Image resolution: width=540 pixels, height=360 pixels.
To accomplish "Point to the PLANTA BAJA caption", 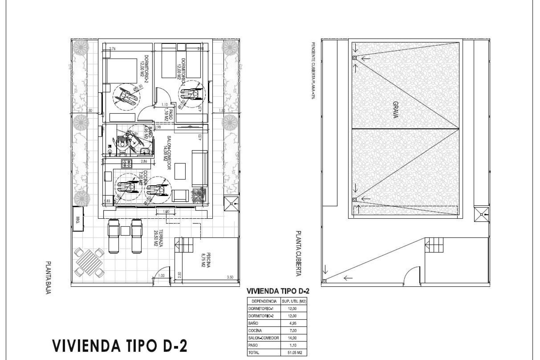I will click(x=48, y=278).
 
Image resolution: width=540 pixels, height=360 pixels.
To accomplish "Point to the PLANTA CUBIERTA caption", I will click(x=298, y=253).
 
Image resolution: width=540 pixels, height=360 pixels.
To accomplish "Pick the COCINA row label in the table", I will click(x=253, y=331).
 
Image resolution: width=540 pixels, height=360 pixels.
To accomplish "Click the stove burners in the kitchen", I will click(x=127, y=163).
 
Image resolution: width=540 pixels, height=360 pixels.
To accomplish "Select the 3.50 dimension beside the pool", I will click(x=230, y=277).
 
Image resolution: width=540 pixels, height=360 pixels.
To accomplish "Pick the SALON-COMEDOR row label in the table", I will click(x=264, y=338).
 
